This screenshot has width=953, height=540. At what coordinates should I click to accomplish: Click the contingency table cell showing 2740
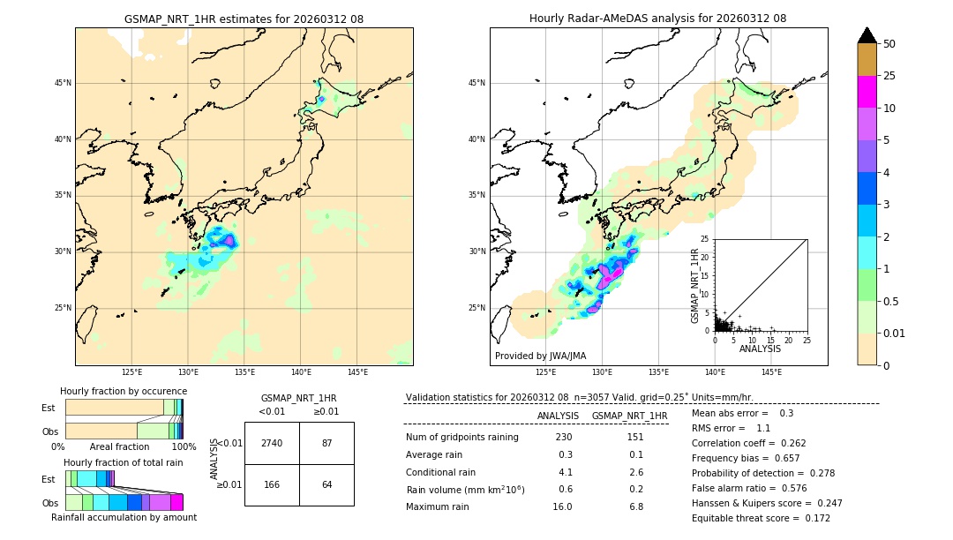pos(272,443)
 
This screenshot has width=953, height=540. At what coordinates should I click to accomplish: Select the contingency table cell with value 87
pos(326,443)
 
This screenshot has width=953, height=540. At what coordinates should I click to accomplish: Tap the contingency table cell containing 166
pos(272,484)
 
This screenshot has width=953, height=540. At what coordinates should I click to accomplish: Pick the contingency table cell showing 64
pos(326,484)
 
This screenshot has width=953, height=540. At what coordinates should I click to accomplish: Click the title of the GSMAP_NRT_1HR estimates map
pos(244,19)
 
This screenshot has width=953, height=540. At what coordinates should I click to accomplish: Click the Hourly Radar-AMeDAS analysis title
pos(657,19)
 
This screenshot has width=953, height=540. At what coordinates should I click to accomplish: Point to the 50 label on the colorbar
pos(889,44)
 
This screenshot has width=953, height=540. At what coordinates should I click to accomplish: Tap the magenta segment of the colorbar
pos(867,92)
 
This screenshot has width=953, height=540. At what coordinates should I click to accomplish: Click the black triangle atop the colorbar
pos(867,35)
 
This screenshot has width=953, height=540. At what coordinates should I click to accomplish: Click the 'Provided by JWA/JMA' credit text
pos(540,356)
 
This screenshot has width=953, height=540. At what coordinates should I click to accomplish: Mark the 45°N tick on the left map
pos(63,83)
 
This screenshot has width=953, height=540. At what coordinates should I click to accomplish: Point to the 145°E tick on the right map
pos(771,372)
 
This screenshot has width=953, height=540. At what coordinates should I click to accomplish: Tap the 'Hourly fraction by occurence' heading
pos(124,391)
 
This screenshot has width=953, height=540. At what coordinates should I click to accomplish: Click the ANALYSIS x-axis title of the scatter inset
pos(760,349)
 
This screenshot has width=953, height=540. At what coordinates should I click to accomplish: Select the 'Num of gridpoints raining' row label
pos(461,438)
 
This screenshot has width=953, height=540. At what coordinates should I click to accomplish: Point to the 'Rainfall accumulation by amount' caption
pos(124,517)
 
